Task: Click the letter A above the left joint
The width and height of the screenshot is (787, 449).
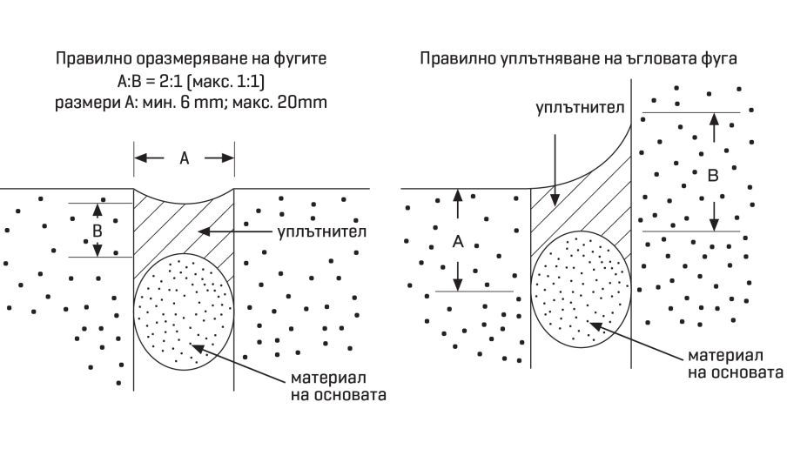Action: click(184, 157)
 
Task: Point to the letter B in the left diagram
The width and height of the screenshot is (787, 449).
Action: click(98, 231)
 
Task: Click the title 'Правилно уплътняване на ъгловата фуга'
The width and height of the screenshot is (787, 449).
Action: click(579, 60)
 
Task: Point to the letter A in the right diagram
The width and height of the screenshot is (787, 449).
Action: click(457, 241)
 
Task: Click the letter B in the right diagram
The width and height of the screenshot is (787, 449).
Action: click(713, 174)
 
